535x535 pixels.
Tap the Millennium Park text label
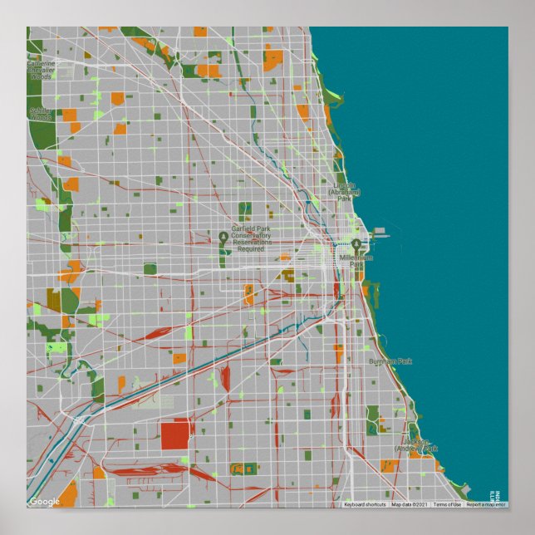click(358, 261)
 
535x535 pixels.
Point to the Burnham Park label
click(390, 361)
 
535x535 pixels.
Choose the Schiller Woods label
click(40, 114)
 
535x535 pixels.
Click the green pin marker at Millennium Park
click(356, 246)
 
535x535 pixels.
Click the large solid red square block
click(175, 434)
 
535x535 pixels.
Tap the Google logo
click(44, 501)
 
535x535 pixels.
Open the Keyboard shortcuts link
click(365, 504)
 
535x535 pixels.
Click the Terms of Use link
click(447, 504)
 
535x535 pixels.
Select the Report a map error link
click(485, 504)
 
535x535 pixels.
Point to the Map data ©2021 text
click(409, 504)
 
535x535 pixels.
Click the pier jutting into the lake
click(378, 231)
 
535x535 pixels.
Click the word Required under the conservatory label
click(250, 248)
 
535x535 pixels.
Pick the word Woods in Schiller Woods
click(41, 118)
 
